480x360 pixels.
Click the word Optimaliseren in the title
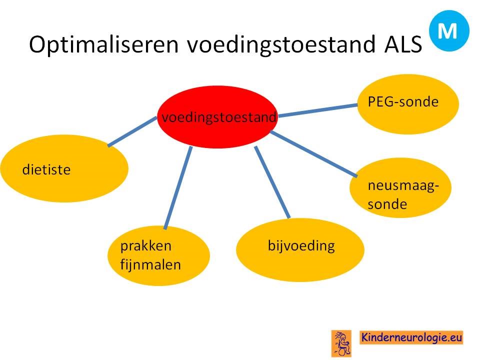(104, 45)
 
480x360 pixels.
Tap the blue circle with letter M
(449, 30)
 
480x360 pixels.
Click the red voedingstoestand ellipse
(217, 117)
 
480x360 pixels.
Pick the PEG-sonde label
(403, 102)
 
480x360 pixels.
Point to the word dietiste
(46, 169)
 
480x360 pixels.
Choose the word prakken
(145, 246)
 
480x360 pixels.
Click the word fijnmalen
(150, 265)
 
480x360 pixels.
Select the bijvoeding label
(301, 246)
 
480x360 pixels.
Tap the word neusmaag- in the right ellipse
(403, 186)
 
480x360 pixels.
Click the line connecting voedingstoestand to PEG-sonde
(318, 110)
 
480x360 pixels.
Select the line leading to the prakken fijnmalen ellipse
(178, 187)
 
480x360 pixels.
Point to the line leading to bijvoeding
(272, 182)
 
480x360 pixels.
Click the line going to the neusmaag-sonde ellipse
(314, 154)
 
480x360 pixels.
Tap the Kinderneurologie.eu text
(411, 337)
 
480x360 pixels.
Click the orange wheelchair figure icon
(341, 343)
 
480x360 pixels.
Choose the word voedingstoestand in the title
(281, 45)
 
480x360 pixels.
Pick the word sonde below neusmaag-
(387, 204)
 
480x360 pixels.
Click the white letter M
(447, 31)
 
